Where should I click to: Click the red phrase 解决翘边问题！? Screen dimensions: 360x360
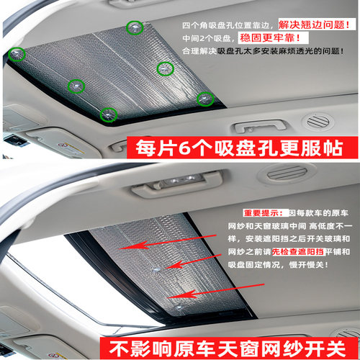point(314,24)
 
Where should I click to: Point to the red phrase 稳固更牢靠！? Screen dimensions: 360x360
point(270,38)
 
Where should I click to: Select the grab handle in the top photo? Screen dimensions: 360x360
point(260,126)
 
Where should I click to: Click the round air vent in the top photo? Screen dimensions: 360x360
point(318,122)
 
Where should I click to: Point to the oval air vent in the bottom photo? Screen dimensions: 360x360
point(287,174)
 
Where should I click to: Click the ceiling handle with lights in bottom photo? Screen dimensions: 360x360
point(178,183)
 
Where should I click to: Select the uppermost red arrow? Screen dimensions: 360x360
point(168,242)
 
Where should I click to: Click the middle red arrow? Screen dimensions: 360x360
point(193,261)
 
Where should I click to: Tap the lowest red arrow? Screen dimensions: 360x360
point(216,291)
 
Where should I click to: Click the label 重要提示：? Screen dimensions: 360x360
point(264,213)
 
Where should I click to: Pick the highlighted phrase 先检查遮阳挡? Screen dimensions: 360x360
point(298,252)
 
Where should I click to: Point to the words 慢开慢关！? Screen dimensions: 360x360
point(309,265)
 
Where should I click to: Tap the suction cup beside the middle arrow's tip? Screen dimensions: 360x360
point(156,271)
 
